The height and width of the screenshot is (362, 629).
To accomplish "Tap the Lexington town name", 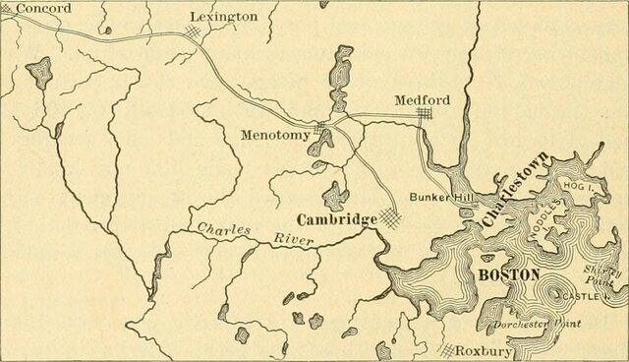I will (x=223, y=17).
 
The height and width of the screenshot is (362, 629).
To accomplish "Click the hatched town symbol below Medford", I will (x=424, y=117).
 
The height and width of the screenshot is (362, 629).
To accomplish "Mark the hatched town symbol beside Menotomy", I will (x=320, y=131).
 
